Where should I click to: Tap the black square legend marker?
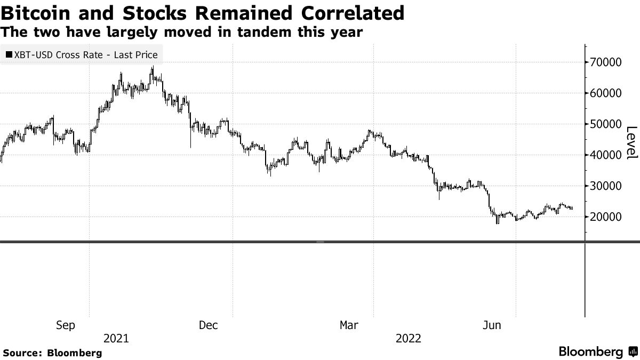[x=9, y=55]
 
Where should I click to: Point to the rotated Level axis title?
[x=631, y=142]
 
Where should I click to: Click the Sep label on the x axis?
[x=66, y=325]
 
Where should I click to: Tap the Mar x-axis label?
[x=350, y=325]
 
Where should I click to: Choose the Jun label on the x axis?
[x=491, y=325]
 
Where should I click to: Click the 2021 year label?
[x=116, y=339]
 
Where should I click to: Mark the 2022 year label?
[x=409, y=339]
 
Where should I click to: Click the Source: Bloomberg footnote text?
[x=52, y=353]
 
